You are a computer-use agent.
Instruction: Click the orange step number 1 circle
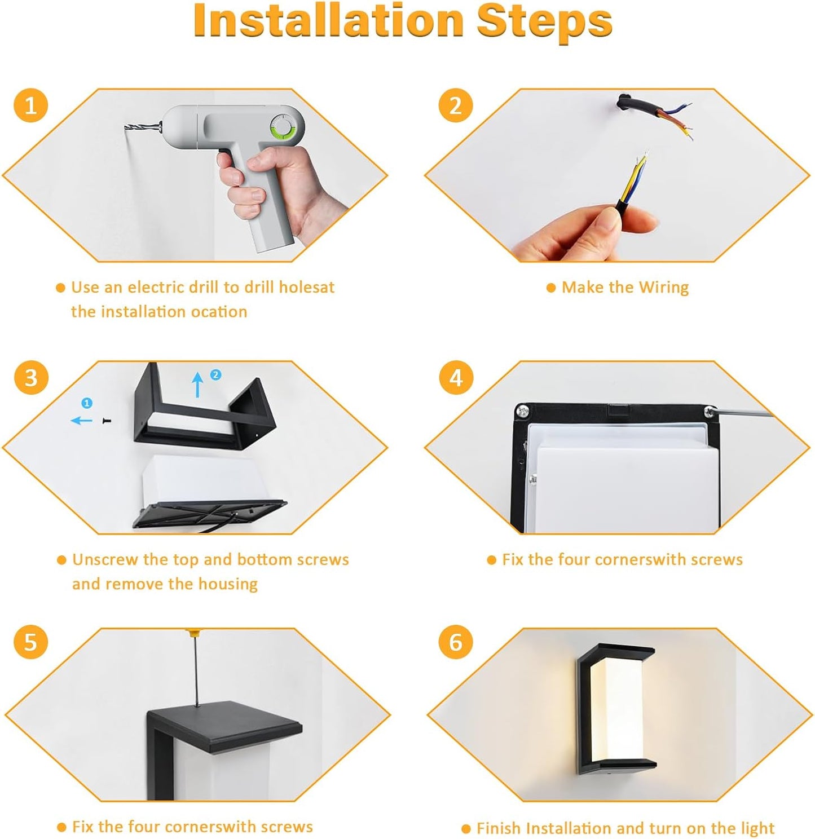pyautogui.click(x=30, y=105)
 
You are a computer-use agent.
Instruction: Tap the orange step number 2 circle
pyautogui.click(x=455, y=105)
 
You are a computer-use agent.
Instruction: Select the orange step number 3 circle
pyautogui.click(x=31, y=378)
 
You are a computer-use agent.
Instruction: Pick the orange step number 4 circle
pyautogui.click(x=456, y=378)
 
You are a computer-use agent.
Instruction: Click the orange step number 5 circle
pyautogui.click(x=30, y=642)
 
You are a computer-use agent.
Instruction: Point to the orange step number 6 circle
pyautogui.click(x=456, y=642)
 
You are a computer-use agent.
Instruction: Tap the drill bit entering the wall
pyautogui.click(x=142, y=127)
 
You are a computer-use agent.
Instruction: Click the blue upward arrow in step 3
pyautogui.click(x=197, y=385)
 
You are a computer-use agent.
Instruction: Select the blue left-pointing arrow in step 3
pyautogui.click(x=81, y=421)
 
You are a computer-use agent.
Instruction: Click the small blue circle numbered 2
pyautogui.click(x=215, y=374)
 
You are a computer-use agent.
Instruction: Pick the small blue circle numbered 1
pyautogui.click(x=87, y=403)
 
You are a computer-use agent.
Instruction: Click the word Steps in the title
pyautogui.click(x=544, y=21)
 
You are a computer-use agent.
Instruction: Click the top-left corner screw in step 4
pyautogui.click(x=523, y=411)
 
